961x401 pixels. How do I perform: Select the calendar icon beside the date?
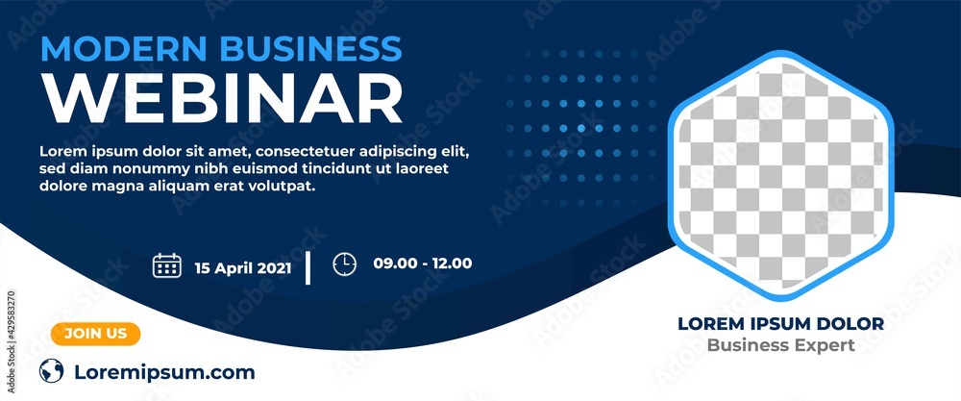pos(167,265)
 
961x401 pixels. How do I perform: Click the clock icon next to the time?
pos(344,263)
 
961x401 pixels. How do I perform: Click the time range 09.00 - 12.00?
pos(423,263)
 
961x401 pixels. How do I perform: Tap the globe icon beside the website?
pos(52,371)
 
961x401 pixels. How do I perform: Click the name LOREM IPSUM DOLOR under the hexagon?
pos(780,324)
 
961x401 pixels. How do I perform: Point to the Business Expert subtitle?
pos(780,345)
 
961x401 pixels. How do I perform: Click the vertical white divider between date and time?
pos(308,267)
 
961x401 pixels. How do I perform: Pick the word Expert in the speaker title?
pos(825,345)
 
